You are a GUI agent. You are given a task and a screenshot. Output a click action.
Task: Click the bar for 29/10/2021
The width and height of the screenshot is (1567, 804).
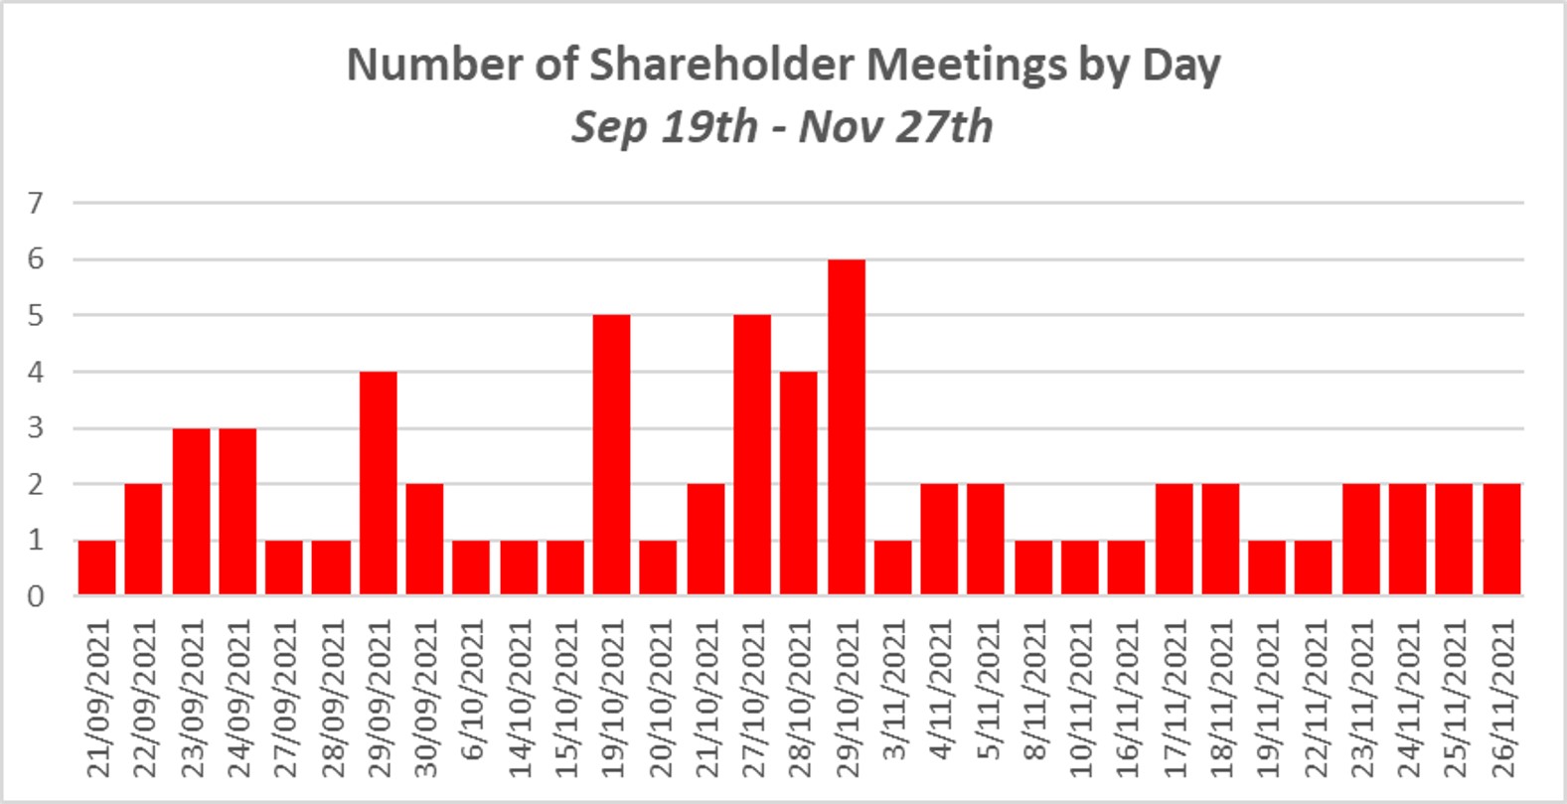click(846, 427)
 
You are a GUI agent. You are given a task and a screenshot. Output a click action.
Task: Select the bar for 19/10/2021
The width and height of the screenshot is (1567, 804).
click(611, 455)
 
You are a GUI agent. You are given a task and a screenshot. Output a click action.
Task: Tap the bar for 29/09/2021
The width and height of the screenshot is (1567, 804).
click(378, 484)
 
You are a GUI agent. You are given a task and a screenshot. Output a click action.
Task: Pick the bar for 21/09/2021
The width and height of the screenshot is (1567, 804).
click(96, 567)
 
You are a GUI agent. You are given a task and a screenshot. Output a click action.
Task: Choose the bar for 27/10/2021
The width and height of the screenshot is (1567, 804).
click(752, 455)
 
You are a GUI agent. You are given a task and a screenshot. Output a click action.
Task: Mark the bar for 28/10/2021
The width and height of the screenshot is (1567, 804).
click(799, 484)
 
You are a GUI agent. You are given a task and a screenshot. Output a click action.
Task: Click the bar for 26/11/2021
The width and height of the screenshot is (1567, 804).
click(1501, 540)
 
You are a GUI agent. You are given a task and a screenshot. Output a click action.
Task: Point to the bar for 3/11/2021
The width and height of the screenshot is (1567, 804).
click(892, 567)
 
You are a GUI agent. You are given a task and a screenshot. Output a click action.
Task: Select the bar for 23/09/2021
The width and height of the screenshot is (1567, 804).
click(191, 512)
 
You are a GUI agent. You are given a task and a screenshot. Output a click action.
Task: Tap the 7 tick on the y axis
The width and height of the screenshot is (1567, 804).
click(37, 204)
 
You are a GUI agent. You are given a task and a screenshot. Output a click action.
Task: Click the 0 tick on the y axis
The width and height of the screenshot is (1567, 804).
click(37, 596)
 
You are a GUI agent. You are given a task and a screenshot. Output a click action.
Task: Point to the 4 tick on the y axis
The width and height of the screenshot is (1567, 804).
click(37, 373)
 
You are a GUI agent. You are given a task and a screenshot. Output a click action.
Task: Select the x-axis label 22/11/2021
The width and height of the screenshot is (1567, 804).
click(1315, 696)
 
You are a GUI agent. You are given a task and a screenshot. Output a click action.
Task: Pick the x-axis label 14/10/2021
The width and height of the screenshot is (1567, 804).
click(519, 696)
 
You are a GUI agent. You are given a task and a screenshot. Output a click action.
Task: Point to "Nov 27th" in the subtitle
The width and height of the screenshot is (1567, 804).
click(894, 127)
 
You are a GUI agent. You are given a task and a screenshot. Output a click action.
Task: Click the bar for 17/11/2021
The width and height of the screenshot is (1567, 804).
click(1174, 540)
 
